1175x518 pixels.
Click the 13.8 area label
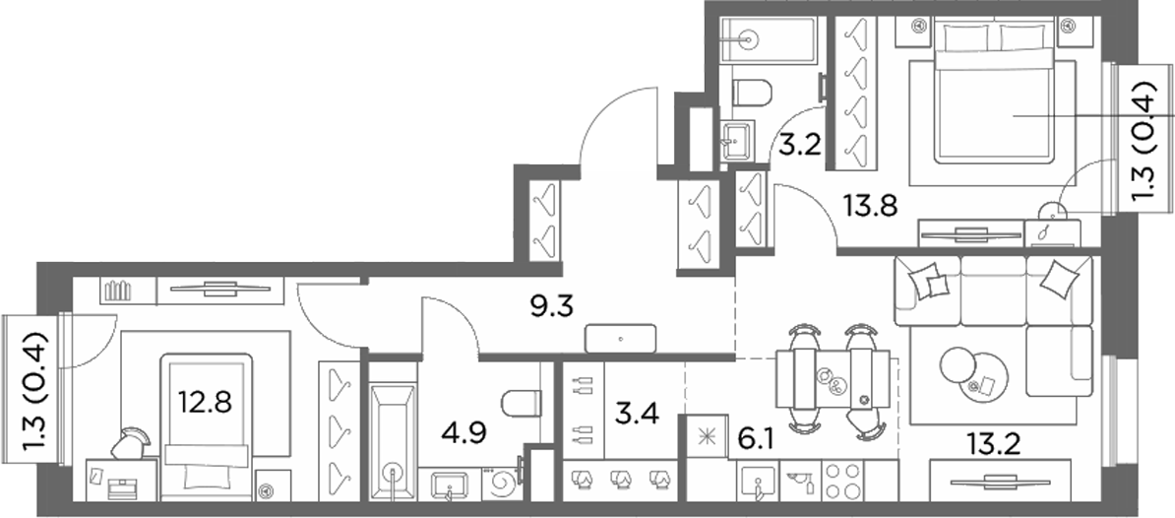[871, 204]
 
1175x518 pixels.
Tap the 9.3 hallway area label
[551, 306]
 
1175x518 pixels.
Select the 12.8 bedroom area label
[205, 402]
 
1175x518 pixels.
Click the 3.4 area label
[636, 413]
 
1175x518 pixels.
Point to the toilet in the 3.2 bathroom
[752, 93]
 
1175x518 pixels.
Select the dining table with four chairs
[833, 378]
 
